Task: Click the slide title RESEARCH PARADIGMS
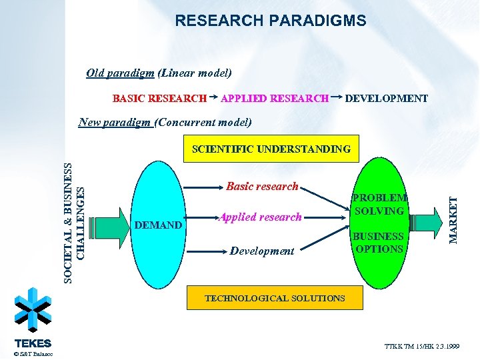pyautogui.click(x=270, y=21)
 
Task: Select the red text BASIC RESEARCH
pyautogui.click(x=159, y=99)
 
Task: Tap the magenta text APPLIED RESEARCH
pyautogui.click(x=275, y=99)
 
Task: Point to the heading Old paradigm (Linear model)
pyautogui.click(x=159, y=73)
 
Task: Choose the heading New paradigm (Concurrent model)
pyautogui.click(x=165, y=122)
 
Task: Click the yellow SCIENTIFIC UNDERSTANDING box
pyautogui.click(x=271, y=149)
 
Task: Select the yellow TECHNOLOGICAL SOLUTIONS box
pyautogui.click(x=275, y=298)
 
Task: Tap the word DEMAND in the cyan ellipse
pyautogui.click(x=158, y=225)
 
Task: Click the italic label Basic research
pyautogui.click(x=262, y=187)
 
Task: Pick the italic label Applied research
pyautogui.click(x=261, y=217)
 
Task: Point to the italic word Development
pyautogui.click(x=261, y=251)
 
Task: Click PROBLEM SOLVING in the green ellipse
pyautogui.click(x=379, y=204)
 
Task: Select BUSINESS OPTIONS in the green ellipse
pyautogui.click(x=379, y=243)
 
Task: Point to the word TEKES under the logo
pyautogui.click(x=33, y=343)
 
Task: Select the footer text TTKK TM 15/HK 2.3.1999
pyautogui.click(x=421, y=347)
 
